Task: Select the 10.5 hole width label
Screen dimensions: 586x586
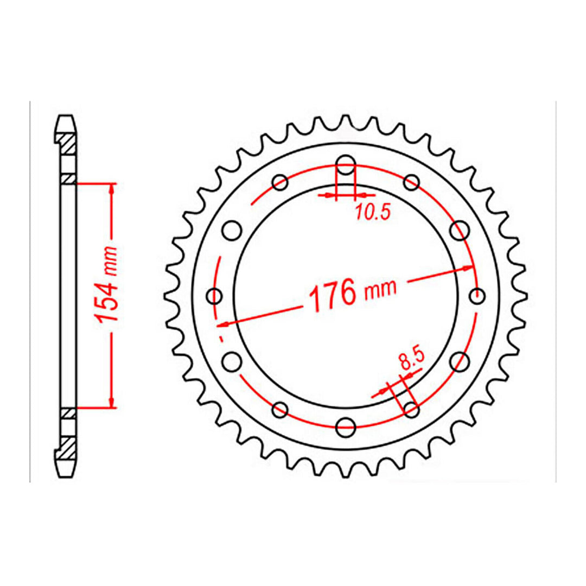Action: coord(373,213)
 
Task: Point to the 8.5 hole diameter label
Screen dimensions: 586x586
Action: coord(410,360)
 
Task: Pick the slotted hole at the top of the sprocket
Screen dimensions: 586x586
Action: coord(346,166)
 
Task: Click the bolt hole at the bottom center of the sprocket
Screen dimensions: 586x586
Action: coord(346,426)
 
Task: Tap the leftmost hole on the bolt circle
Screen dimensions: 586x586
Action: coord(215,296)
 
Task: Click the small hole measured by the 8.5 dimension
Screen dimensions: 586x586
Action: coord(411,410)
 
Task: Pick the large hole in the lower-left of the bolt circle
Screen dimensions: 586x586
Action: coord(232,360)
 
